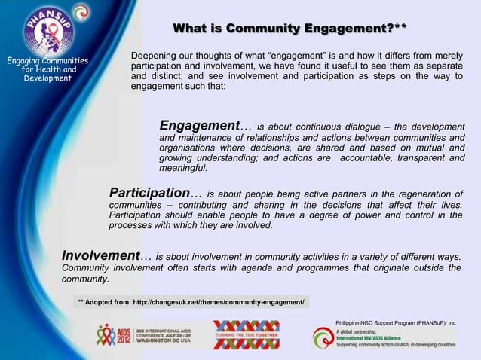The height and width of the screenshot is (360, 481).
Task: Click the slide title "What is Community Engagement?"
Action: (290, 29)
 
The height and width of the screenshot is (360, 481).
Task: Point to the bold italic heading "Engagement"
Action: (199, 126)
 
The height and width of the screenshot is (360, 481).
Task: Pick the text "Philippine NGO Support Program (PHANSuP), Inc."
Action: (396, 322)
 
